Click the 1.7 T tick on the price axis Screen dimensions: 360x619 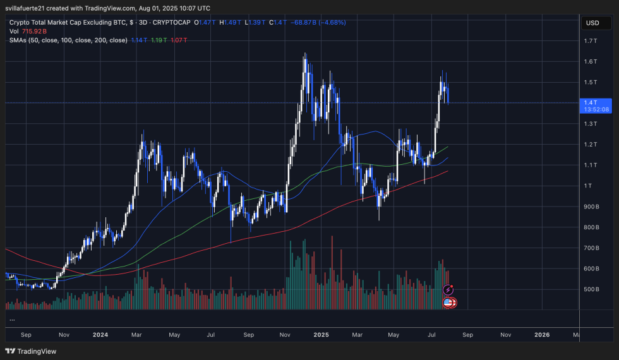click(x=592, y=41)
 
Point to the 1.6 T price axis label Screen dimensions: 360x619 click(x=592, y=62)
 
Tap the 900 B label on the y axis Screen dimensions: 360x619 click(x=592, y=207)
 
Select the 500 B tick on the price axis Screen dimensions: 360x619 click(x=592, y=289)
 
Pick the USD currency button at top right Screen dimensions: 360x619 click(x=592, y=23)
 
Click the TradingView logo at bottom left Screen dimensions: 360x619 click(x=31, y=351)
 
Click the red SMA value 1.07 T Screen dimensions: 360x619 click(x=179, y=40)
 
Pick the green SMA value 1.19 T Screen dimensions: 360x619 click(x=160, y=40)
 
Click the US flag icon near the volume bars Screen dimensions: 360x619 click(x=449, y=303)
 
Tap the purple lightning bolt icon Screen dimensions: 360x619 click(x=448, y=290)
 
